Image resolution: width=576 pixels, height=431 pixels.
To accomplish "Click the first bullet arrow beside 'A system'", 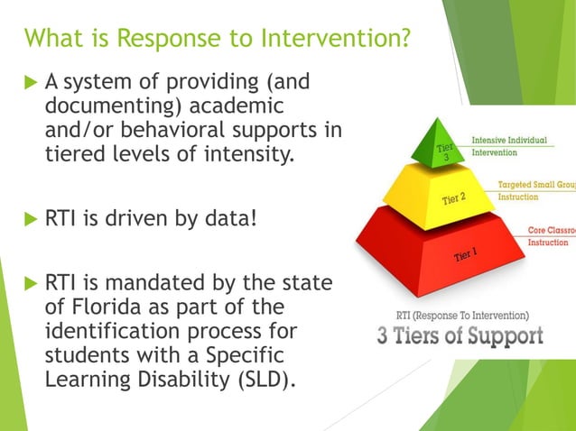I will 30,84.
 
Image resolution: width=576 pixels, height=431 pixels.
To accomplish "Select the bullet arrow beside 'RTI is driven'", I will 30,218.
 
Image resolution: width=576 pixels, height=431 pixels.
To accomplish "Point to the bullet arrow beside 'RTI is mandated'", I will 30,285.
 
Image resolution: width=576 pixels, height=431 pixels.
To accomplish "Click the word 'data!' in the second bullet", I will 225,218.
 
